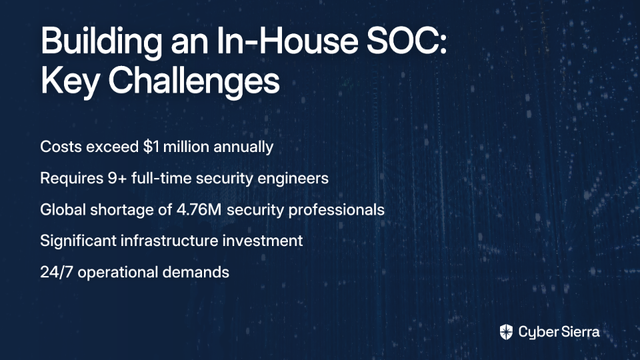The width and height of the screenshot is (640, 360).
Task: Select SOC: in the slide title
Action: (x=407, y=41)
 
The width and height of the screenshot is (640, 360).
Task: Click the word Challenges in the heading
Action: (x=194, y=81)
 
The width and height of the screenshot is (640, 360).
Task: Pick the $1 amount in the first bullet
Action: (x=151, y=147)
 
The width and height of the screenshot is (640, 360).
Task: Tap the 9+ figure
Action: (x=117, y=179)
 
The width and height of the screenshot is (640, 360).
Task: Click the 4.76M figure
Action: (x=199, y=210)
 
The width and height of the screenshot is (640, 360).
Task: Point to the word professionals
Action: (x=336, y=210)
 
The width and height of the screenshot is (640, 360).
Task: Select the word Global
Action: (x=63, y=209)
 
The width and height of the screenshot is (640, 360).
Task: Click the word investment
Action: (x=263, y=241)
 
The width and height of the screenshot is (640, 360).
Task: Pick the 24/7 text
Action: (x=56, y=272)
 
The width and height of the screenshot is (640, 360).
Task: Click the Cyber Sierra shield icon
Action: (x=506, y=332)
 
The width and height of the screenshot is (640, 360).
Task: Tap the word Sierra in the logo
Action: (x=579, y=331)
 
